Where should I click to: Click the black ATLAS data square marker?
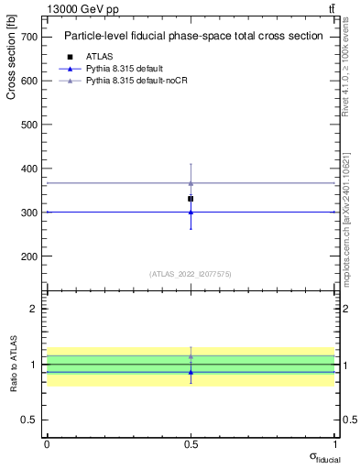[191, 198]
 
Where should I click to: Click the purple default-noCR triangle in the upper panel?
[191, 183]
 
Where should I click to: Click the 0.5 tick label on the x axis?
[191, 443]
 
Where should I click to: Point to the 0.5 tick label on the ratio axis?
[28, 420]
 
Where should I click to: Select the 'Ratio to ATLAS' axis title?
[14, 364]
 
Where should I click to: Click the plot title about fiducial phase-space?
[192, 37]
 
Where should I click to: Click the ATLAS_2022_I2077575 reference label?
[191, 273]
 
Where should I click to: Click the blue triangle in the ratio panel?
[191, 372]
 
